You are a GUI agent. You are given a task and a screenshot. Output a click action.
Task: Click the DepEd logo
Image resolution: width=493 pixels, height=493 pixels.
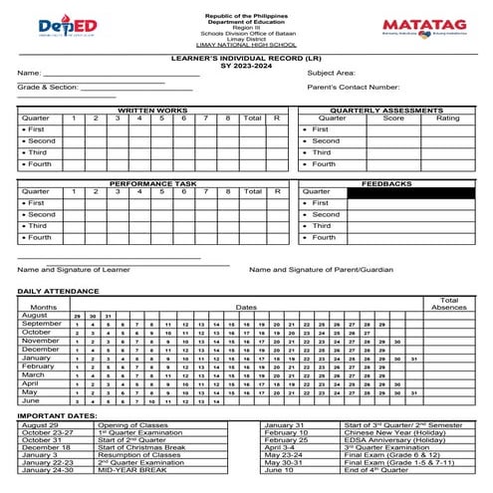click(67, 26)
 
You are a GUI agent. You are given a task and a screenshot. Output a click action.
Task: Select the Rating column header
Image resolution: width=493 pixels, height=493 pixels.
click(447, 118)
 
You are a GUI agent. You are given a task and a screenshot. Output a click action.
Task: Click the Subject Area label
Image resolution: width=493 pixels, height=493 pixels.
click(332, 73)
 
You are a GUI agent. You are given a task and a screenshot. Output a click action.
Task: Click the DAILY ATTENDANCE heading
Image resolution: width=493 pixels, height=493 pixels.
click(56, 291)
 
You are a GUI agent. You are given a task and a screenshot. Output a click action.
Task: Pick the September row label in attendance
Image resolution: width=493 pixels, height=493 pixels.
click(42, 324)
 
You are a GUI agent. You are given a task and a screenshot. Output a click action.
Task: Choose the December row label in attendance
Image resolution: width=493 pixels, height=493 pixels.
click(41, 350)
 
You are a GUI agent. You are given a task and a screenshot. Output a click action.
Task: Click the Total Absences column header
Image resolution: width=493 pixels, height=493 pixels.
click(448, 303)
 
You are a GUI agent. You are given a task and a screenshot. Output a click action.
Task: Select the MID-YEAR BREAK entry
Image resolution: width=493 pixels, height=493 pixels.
click(127, 469)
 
